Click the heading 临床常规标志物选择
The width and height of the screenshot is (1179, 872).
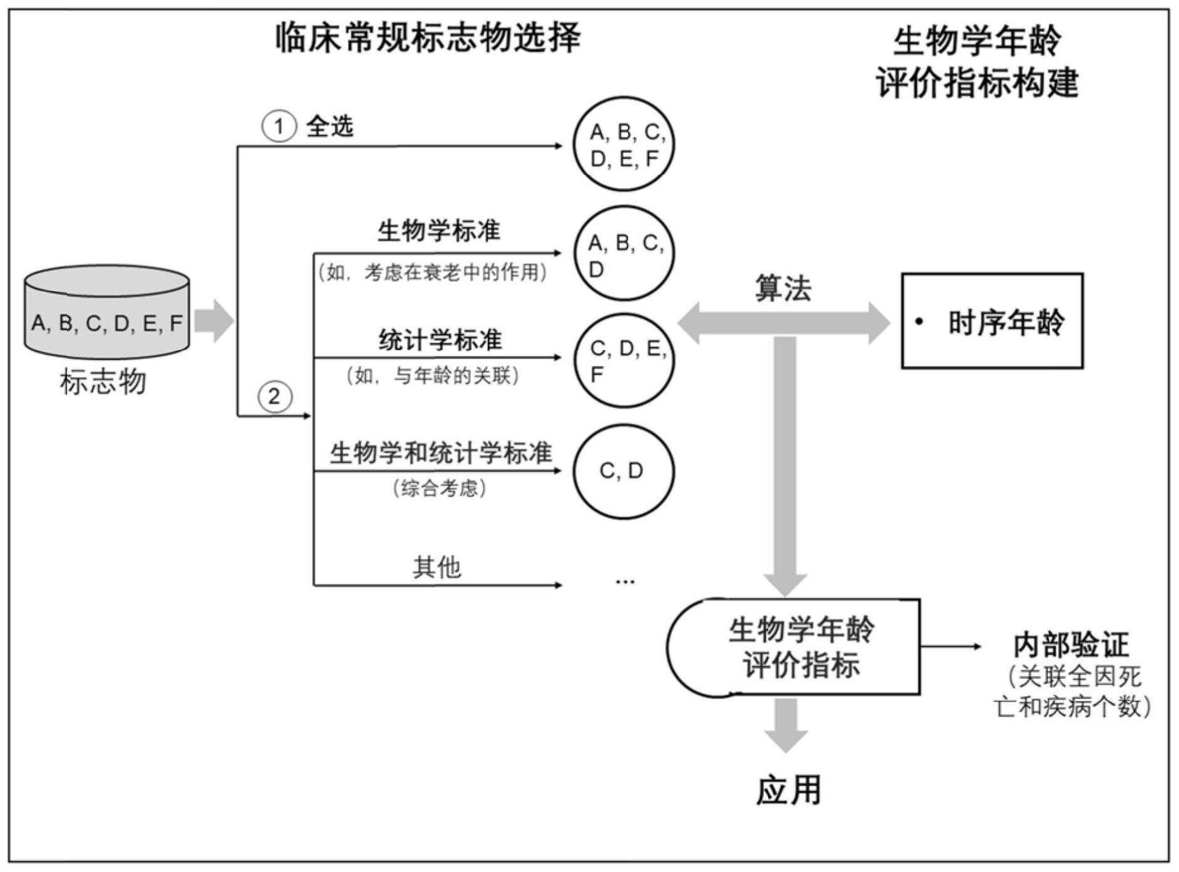pos(428,38)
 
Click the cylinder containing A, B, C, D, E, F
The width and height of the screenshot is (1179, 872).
pos(106,313)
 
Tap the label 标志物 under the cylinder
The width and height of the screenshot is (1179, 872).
pos(103,381)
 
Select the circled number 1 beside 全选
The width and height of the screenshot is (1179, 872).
pos(278,127)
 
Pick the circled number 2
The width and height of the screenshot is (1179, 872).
pos(274,397)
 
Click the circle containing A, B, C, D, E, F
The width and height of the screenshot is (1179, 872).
pos(624,144)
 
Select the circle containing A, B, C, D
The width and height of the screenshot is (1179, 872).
pos(624,254)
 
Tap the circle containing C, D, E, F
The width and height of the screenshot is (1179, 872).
pos(624,360)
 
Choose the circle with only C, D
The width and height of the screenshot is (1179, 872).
pos(624,471)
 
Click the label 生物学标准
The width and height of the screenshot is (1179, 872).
pos(438,231)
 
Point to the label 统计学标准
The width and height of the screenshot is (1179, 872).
pos(440,340)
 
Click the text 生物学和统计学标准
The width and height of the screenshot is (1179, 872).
pos(441,453)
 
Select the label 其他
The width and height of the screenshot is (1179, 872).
pos(436,567)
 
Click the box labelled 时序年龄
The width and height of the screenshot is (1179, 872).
pos(992,321)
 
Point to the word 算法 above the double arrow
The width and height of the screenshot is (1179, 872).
pos(783,289)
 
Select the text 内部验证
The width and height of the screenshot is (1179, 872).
pos(1071,645)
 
